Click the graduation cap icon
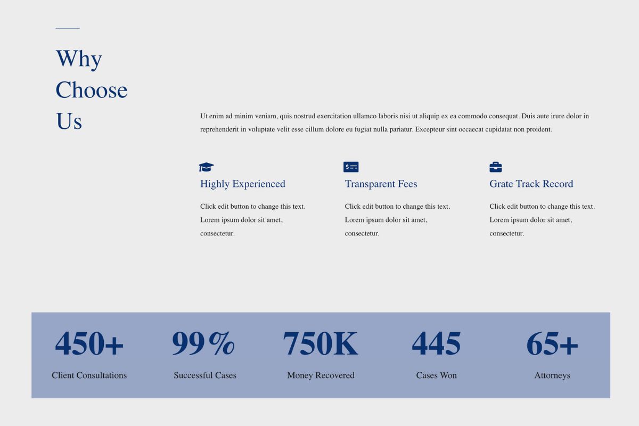[206, 167]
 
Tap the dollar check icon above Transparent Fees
[351, 167]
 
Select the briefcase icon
[496, 167]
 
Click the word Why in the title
[79, 59]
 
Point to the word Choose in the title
[92, 90]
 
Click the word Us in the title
[69, 121]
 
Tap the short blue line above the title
[68, 28]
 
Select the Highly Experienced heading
[242, 184]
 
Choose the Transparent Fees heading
[381, 184]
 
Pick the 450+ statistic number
[89, 343]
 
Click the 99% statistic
[203, 343]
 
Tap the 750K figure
[321, 343]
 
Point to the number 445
[436, 343]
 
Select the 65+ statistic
[552, 343]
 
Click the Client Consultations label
[89, 375]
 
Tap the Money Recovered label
[321, 375]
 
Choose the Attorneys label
[552, 375]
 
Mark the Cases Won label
[437, 375]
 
